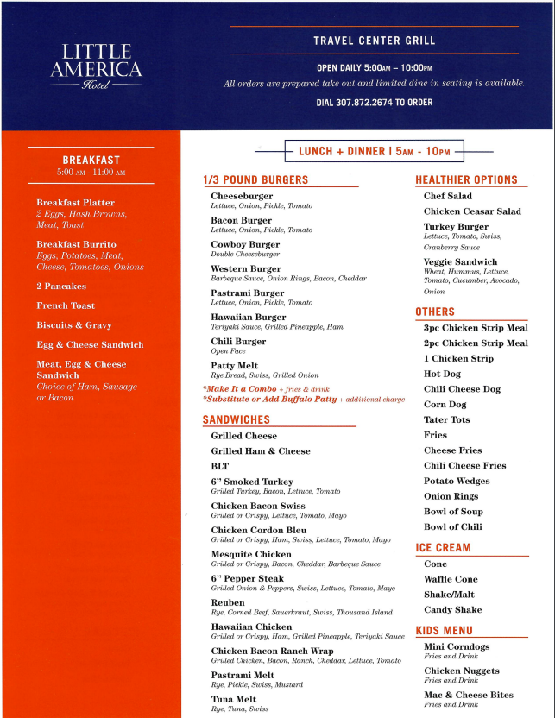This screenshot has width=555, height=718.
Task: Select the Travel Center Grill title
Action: tap(374, 41)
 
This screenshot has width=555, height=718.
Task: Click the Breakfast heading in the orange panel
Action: tap(91, 160)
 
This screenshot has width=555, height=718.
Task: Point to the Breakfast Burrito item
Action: tap(76, 244)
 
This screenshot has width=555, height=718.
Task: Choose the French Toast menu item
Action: tap(66, 305)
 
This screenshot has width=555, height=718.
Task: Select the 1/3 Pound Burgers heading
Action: tap(255, 179)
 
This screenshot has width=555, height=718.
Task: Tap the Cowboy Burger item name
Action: tap(245, 244)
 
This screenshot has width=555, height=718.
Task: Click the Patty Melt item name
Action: tap(236, 365)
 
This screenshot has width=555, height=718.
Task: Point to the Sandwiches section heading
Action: tap(236, 419)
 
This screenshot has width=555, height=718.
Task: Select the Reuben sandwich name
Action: tap(228, 602)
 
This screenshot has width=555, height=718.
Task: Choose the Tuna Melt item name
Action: tap(235, 699)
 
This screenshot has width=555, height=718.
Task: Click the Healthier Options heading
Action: tap(466, 179)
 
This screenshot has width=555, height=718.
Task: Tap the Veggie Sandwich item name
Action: tap(460, 261)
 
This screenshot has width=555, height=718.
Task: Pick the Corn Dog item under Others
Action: tap(445, 404)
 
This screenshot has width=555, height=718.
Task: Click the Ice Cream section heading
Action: tap(443, 547)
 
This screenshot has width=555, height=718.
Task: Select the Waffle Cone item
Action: tap(451, 579)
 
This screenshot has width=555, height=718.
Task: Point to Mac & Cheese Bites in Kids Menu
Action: tap(468, 695)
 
